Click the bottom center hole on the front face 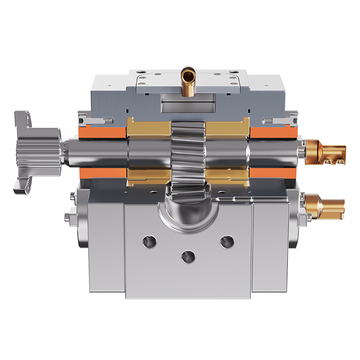coord(186,257)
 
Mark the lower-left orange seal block coord(103,173)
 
